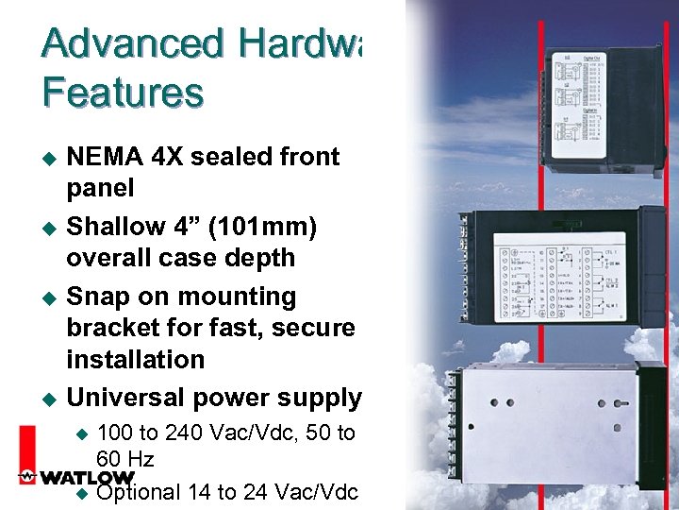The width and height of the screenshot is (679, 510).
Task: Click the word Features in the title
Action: click(123, 93)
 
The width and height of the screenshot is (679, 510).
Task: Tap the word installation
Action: click(135, 360)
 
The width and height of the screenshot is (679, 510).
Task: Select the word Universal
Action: click(127, 399)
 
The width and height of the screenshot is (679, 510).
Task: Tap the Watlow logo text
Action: click(77, 478)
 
